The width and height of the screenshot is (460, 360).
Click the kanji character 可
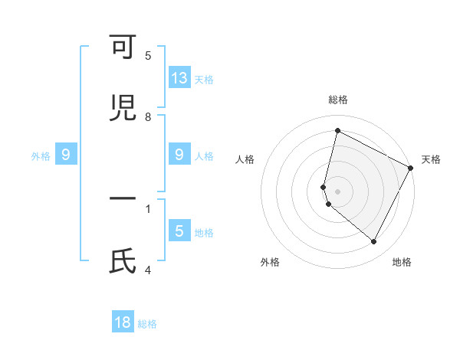(123, 48)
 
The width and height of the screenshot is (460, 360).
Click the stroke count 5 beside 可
(148, 56)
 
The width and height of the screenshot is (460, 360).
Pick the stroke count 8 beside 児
(148, 116)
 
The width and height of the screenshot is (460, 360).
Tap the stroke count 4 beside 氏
(148, 269)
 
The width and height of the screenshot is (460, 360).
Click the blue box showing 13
(179, 78)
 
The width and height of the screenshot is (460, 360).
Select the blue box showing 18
(123, 322)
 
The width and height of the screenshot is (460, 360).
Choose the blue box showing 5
(179, 231)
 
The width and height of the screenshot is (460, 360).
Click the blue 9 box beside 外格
(66, 155)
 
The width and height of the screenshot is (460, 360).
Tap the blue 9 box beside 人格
(179, 155)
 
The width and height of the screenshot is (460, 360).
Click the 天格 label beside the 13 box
(204, 79)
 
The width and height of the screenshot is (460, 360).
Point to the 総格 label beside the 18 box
(147, 324)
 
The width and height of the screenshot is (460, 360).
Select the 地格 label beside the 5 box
(204, 232)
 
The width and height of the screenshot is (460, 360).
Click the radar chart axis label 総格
(338, 100)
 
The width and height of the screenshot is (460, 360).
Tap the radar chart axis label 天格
(431, 159)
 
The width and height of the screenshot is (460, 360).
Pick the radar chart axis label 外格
(270, 262)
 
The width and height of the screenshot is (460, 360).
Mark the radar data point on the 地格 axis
(374, 242)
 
